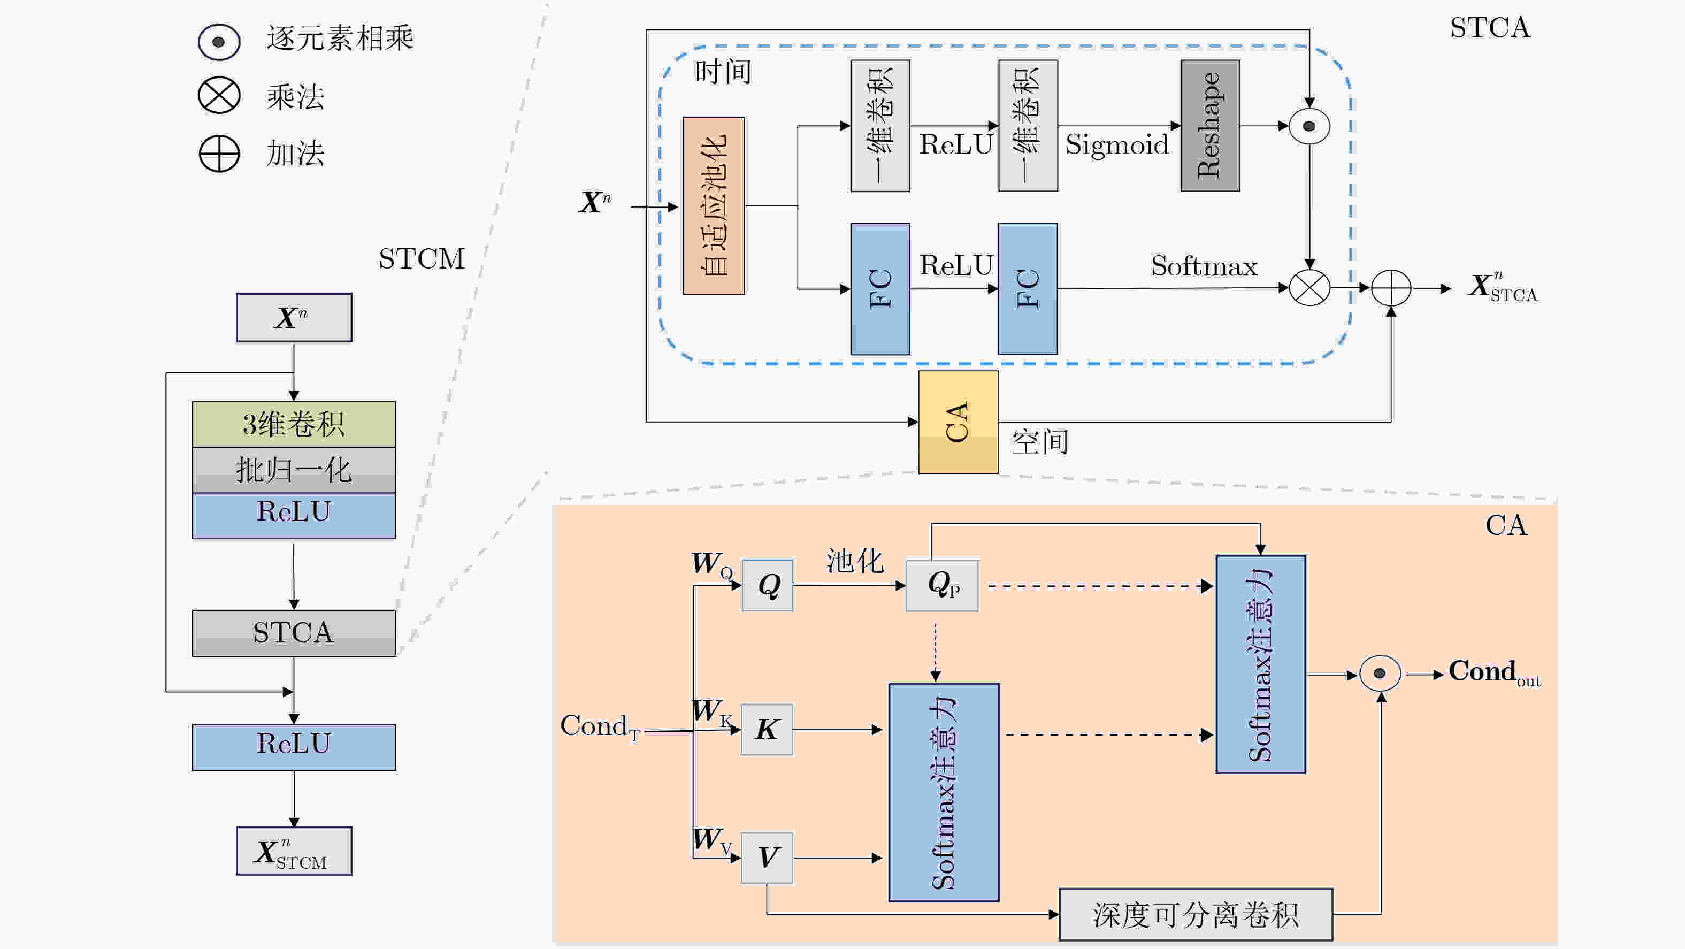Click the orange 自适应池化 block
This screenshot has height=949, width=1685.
714,206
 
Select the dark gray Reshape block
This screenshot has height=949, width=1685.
1210,126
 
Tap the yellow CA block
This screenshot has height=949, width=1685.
958,422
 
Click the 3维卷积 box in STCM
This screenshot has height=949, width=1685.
294,424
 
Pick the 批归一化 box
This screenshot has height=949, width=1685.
294,470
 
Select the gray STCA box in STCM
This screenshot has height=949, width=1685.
294,633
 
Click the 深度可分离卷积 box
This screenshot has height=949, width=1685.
1196,914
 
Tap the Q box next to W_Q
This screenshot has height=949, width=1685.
767,585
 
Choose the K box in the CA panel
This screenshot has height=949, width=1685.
767,730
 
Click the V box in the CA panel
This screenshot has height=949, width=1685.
767,858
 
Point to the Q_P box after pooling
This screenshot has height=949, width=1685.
942,585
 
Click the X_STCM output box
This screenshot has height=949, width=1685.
294,851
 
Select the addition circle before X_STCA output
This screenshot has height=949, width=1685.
1391,288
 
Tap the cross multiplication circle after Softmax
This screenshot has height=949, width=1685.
1309,288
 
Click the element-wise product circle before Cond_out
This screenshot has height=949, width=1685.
1380,674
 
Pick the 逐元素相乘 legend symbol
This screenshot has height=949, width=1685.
219,42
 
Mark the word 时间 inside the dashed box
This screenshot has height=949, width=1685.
723,71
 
